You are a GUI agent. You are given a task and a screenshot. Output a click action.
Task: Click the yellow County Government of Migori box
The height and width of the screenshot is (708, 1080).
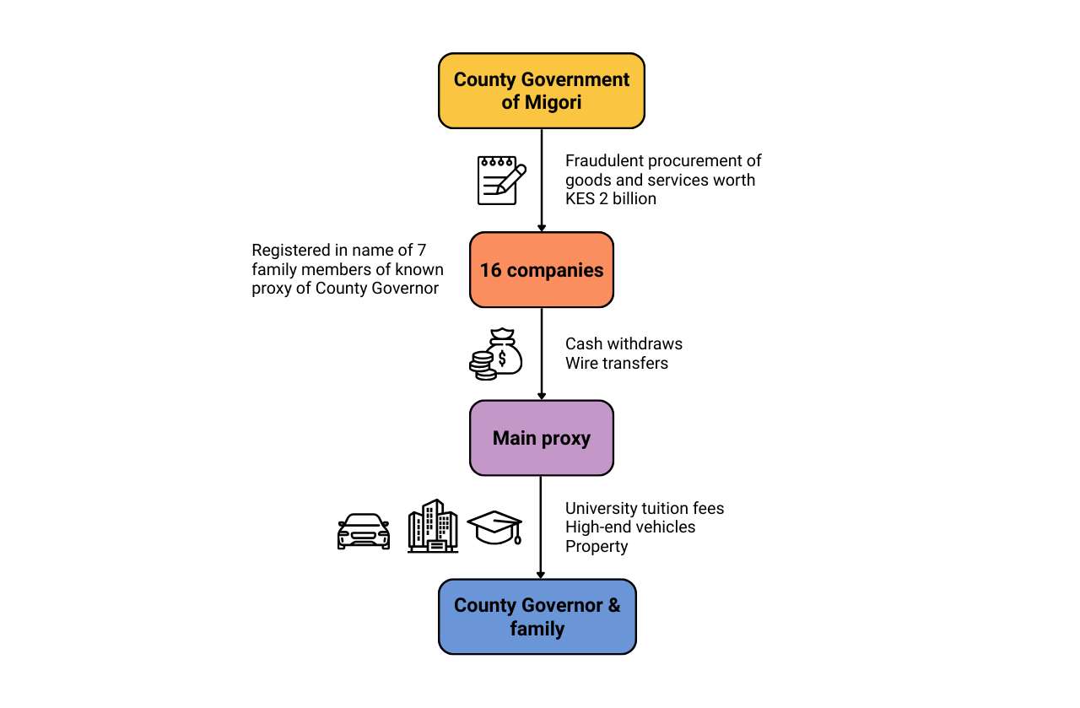tap(541, 91)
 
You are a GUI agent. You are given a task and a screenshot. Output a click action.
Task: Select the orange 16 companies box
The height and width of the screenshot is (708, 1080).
tap(541, 270)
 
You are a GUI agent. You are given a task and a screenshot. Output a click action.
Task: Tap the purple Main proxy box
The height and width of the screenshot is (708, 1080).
tap(541, 438)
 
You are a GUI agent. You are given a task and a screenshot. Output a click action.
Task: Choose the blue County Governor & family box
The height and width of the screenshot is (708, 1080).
tap(537, 617)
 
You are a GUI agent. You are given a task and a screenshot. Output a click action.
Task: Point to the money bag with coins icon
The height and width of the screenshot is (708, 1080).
tap(496, 354)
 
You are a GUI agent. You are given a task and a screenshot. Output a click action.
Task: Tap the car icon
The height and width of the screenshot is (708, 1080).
tap(364, 532)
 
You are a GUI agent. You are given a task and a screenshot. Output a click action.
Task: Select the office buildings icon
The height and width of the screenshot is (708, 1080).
tap(432, 527)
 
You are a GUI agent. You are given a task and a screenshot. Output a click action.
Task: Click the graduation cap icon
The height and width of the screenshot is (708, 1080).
tap(494, 527)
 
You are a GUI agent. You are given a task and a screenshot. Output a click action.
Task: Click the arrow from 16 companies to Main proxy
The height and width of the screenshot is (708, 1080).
tap(541, 354)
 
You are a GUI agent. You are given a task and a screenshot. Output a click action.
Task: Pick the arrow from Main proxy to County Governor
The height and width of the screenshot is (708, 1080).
tap(541, 527)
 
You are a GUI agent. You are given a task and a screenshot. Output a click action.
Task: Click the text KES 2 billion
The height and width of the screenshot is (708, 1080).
tap(611, 199)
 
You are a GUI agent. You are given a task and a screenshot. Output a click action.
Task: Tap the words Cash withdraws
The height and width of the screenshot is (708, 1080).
tap(624, 344)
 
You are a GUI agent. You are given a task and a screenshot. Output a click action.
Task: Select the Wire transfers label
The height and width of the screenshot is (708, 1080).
tap(617, 364)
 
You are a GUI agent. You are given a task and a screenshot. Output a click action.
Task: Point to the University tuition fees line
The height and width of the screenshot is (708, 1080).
tap(645, 509)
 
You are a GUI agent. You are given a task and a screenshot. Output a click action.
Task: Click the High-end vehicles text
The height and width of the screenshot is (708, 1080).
tap(630, 527)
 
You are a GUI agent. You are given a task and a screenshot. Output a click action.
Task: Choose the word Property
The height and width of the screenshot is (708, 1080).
tap(597, 547)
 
